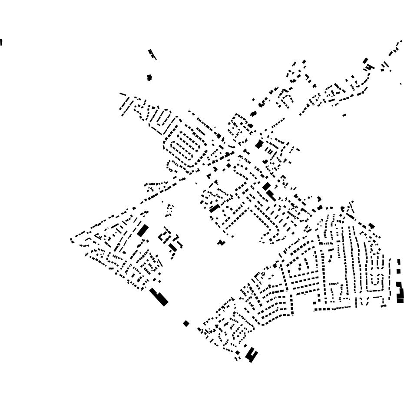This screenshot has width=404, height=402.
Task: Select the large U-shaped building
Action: (x=251, y=354)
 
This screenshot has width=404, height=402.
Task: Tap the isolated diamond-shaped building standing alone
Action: (x=186, y=323)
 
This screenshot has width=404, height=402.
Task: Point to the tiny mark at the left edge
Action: (x=1, y=42)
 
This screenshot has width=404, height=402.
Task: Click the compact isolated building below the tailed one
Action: (x=149, y=77)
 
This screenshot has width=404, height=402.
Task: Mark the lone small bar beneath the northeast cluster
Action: (x=344, y=115)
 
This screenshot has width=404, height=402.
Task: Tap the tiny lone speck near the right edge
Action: (x=401, y=84)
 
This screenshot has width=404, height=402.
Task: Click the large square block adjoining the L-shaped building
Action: (x=265, y=187)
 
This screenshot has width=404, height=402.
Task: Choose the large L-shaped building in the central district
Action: (x=270, y=194)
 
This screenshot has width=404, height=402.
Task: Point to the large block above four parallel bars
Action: (x=259, y=144)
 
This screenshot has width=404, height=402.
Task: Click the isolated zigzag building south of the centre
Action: (x=222, y=242)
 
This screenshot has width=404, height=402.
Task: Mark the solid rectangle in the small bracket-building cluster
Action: (x=173, y=247)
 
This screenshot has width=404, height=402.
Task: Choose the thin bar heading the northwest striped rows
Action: (x=123, y=94)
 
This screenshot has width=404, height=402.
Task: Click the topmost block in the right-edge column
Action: (x=399, y=261)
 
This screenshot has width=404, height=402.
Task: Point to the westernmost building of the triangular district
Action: (x=72, y=239)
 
